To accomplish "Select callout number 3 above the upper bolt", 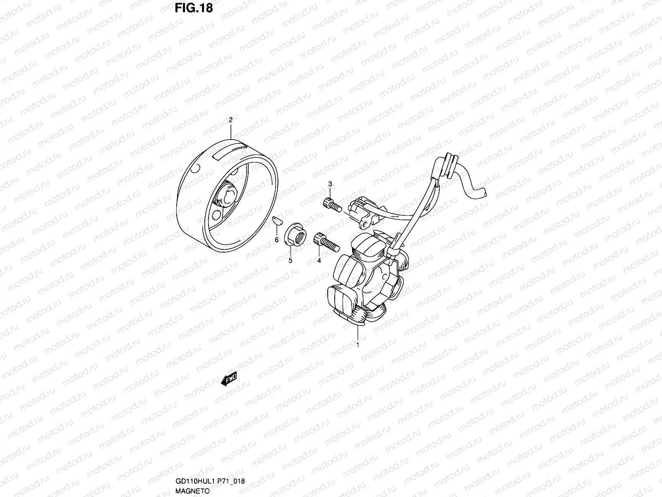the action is pos(330,184).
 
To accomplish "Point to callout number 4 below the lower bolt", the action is pos(319,261).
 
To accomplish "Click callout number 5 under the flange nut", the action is pos(290,261).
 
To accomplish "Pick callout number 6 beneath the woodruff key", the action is pos(277,240).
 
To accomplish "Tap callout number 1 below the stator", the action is pos(357,344).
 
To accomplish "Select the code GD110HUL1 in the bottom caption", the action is pos(189,482).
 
